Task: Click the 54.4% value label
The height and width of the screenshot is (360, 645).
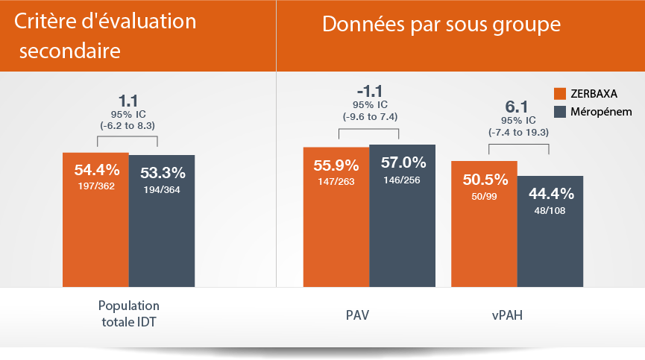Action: tap(95, 169)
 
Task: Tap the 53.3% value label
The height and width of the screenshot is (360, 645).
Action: tap(162, 173)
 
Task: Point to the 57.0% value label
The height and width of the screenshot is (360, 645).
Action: tap(403, 162)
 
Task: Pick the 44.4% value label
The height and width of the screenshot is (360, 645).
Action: tap(550, 194)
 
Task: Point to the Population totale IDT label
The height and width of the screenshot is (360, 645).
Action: tap(129, 314)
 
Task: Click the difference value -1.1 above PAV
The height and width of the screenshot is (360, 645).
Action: tap(368, 90)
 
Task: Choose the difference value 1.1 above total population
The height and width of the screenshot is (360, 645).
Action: tap(128, 99)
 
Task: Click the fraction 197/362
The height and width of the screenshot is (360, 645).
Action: tap(95, 186)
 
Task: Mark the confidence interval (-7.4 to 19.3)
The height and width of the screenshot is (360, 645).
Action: tap(518, 133)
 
